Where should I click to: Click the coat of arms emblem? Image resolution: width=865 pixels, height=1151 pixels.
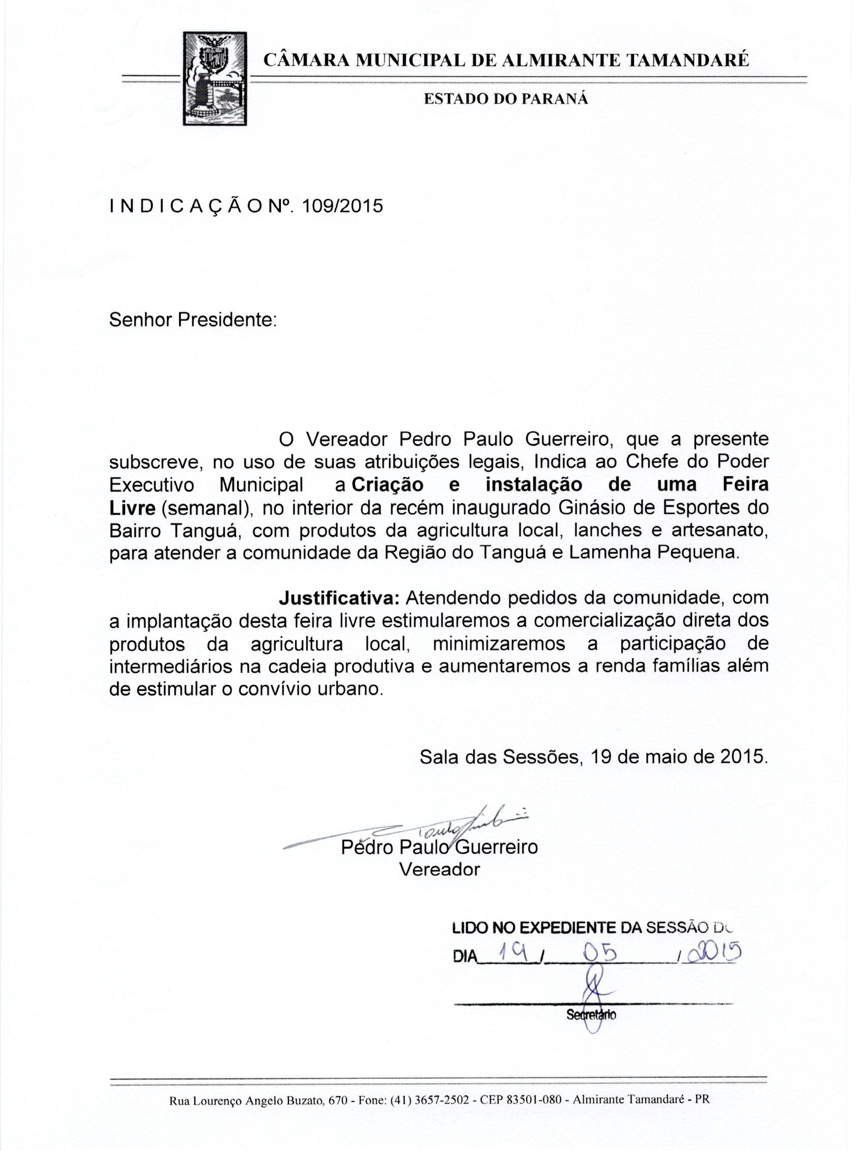[x=215, y=78]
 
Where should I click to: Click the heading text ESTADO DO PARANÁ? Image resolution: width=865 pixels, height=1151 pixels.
[x=505, y=99]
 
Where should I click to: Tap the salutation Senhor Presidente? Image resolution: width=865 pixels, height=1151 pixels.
[x=192, y=320]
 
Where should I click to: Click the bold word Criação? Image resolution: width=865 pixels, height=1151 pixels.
[x=387, y=484]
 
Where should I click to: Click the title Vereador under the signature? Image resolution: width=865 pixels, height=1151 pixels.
[x=439, y=870]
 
